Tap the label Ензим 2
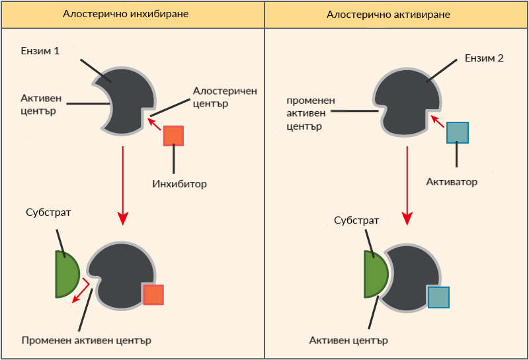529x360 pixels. pos(485,58)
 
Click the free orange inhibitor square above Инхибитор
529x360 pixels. pos(173,135)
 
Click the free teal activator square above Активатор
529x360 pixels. pos(458,132)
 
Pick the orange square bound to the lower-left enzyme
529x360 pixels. pos(153,294)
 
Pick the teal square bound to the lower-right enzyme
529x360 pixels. pos(438,297)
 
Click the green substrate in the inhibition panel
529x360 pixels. pos(67,274)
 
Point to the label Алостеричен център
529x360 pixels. pos(224,97)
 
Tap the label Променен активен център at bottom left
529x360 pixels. pos(86,341)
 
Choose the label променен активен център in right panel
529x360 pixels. pos(310,112)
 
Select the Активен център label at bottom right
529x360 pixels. pos(348,340)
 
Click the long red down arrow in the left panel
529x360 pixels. pos(123,185)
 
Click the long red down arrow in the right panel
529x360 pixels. pos(408,185)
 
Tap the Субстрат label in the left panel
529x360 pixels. pos(48,212)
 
